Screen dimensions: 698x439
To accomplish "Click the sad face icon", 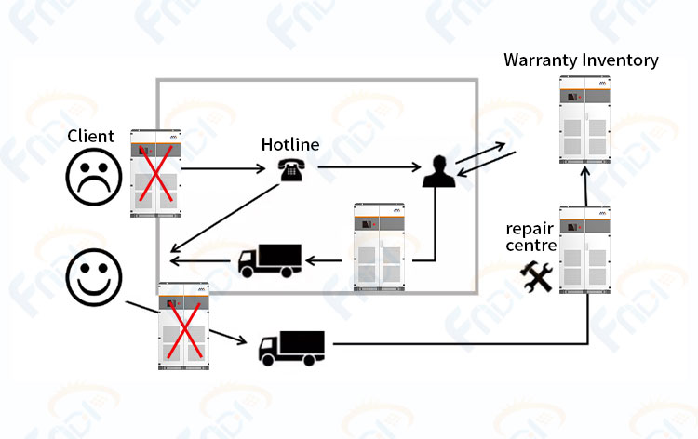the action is coord(94,177).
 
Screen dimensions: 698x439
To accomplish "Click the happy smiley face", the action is coord(94,277).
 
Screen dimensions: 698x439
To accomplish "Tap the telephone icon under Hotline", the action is coord(291,170).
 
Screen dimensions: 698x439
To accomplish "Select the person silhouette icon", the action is coord(439,171).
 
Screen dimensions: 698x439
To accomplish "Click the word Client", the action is coord(91,136).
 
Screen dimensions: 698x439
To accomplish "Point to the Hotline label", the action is coord(290,144).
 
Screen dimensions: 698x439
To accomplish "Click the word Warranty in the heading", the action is coord(541,60).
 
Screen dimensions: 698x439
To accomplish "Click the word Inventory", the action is coord(620,60).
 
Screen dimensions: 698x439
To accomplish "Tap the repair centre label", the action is coord(531,236).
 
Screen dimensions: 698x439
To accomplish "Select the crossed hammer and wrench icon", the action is coord(537,276).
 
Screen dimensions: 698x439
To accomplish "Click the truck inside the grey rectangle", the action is coord(270,260).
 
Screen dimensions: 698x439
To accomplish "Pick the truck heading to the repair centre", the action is coord(291,348).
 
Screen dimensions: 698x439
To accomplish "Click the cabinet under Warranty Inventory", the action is coord(584,120).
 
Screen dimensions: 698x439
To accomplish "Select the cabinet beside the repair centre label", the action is coord(584,249).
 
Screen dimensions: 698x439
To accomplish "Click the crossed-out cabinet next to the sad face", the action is coord(155,174).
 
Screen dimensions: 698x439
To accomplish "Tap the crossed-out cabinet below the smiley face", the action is coord(184,326).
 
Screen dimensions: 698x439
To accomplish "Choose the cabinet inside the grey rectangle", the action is coord(380,247).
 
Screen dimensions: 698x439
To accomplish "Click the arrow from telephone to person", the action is coord(369,167).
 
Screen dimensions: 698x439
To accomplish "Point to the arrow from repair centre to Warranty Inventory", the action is coord(585,186).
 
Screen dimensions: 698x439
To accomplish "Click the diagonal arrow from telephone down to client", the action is coord(224,218).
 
